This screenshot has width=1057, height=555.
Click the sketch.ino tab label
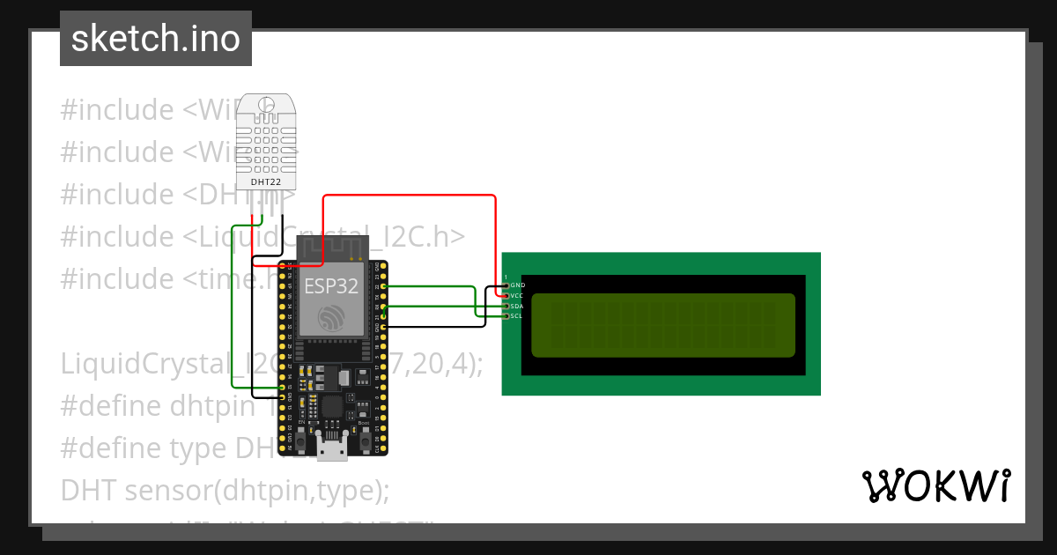coord(155,39)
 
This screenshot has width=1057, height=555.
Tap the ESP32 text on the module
coord(331,286)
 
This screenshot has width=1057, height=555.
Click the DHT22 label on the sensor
coord(266,181)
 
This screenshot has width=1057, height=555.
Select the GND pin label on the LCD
coord(518,285)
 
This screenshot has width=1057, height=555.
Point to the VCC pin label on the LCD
coord(518,296)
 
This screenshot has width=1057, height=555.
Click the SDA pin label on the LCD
coord(518,306)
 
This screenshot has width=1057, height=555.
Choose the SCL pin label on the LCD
coord(518,315)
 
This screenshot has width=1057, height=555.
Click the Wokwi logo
coord(935,486)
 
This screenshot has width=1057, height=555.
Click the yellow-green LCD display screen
coord(663,324)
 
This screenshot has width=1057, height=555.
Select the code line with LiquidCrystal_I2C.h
coord(262,236)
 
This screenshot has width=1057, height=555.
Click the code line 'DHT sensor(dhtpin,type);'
coord(225,490)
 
